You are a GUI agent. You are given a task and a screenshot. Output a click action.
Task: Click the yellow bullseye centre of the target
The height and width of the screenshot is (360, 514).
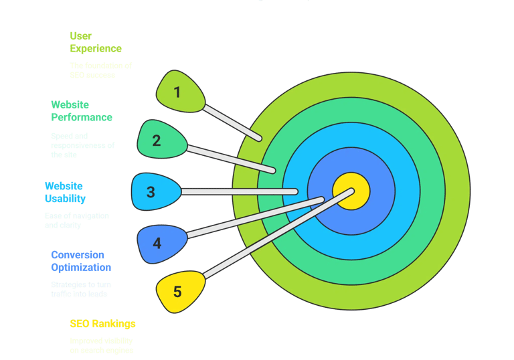coord(351,190)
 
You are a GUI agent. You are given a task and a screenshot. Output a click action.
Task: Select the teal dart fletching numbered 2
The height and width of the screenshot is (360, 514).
coord(159,140)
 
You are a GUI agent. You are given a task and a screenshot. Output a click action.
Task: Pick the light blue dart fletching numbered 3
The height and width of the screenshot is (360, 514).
coord(153,191)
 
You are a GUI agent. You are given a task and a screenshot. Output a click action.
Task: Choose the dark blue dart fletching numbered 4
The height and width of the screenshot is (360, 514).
coord(159,243)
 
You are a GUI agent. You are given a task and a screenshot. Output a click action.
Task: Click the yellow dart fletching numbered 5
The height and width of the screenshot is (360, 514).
coord(179,291)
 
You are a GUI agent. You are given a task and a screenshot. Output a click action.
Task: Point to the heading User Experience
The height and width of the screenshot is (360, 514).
coord(96,42)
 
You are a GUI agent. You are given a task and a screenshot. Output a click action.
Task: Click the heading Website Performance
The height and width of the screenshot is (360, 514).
coord(82,111)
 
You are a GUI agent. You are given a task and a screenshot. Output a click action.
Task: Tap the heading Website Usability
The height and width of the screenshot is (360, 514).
coord(64,192)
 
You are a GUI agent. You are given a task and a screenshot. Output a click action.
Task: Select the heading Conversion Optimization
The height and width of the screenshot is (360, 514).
coord(81,261)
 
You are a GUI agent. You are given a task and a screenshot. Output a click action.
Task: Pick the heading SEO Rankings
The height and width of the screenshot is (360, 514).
coord(102,324)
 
